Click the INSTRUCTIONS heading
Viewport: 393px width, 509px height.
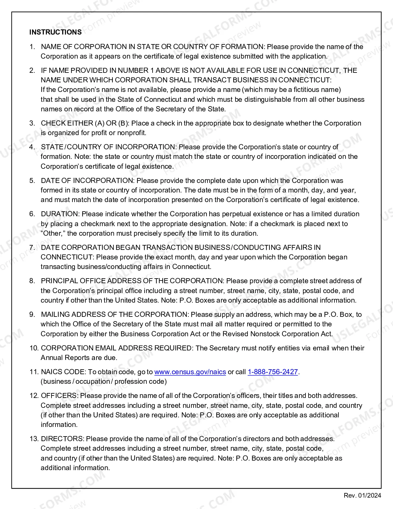[55, 32]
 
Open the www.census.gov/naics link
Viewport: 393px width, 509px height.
[190, 372]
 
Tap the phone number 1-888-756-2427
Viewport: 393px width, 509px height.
[273, 372]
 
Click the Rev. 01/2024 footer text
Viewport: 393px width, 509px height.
[362, 495]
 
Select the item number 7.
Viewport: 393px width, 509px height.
[32, 247]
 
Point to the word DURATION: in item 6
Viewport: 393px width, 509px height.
[60, 214]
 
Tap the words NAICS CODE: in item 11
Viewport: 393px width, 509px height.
[63, 372]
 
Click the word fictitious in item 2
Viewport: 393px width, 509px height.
[309, 90]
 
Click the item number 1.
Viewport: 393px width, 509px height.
[32, 47]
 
